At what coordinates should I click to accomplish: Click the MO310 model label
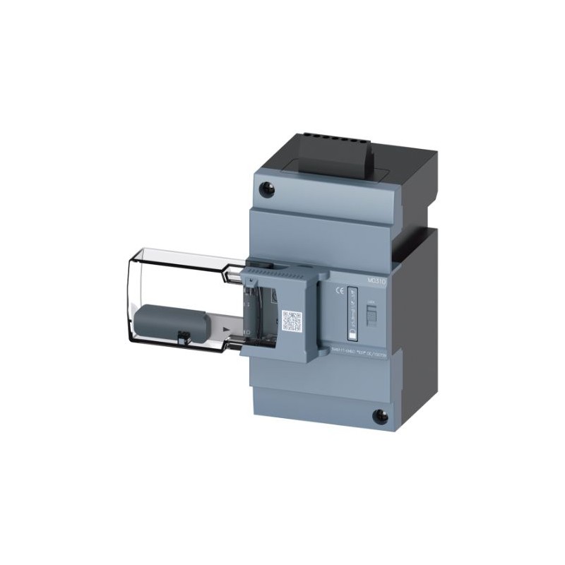click(x=377, y=280)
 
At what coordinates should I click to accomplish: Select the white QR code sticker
click(x=292, y=321)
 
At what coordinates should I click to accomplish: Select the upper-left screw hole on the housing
click(x=267, y=189)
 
